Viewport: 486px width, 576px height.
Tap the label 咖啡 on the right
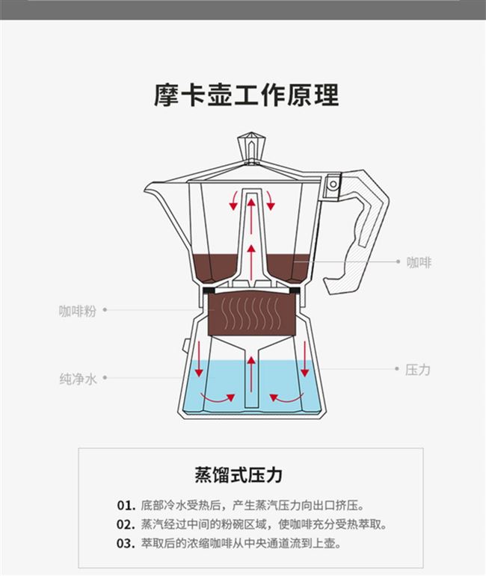419,262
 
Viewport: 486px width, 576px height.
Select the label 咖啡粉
78,311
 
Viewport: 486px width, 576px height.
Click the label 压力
418,369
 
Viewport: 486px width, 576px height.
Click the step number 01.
125,505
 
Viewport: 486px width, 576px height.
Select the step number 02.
125,524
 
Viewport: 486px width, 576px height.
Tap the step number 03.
125,543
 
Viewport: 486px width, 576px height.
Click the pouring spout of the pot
157,193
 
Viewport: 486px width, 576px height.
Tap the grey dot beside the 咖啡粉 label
105,310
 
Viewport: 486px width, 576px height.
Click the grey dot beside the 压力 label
396,369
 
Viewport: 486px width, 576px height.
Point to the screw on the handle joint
333,182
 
